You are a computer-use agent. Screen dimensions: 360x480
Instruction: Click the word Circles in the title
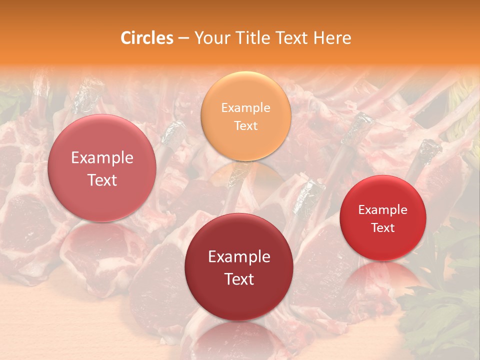[x=147, y=38]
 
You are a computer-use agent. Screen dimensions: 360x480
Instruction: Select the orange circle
[x=246, y=116]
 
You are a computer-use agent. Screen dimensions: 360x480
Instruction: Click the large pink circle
[x=102, y=168]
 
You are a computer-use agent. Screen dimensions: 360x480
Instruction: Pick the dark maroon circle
[x=239, y=267]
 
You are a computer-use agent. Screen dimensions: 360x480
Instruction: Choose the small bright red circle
[x=383, y=218]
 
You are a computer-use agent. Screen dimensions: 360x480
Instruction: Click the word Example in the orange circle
[x=246, y=107]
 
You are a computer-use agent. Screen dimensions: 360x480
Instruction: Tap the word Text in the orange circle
[x=246, y=125]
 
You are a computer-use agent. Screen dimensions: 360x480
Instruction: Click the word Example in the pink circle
[x=102, y=158]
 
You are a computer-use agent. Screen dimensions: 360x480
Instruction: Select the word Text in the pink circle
[x=102, y=180]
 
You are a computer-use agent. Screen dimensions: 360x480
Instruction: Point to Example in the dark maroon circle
[x=239, y=257]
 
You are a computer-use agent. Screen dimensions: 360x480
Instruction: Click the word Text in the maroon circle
[x=239, y=279]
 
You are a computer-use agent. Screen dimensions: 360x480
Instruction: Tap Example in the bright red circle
[x=383, y=209]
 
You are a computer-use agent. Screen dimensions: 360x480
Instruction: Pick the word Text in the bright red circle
[x=383, y=227]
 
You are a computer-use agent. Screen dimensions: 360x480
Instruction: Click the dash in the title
[x=183, y=38]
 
